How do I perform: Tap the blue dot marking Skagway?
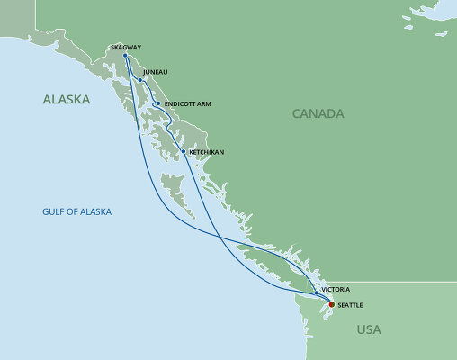point(124,57)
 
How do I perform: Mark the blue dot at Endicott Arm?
point(157,103)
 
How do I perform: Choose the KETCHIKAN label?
point(205,152)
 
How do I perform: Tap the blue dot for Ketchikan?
point(184,151)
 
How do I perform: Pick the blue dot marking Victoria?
point(316,292)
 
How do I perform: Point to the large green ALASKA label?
point(67,101)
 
